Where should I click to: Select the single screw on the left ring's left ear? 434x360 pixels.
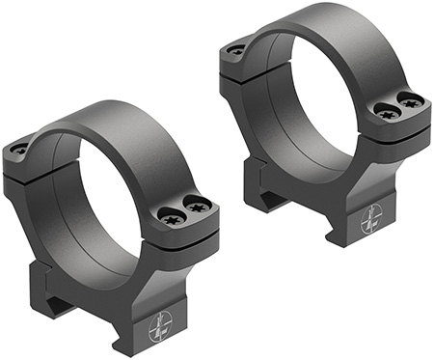pyautogui.click(x=19, y=149)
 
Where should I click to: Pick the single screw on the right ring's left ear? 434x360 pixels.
pyautogui.click(x=233, y=49)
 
